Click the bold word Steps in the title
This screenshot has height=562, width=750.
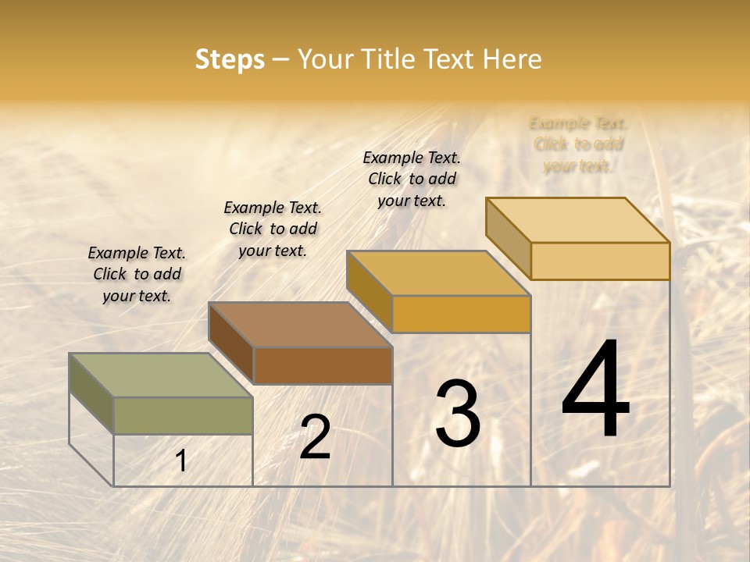tap(230, 59)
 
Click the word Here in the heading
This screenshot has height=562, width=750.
tap(512, 59)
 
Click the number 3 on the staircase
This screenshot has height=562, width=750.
tap(458, 414)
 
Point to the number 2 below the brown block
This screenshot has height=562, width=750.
tap(315, 437)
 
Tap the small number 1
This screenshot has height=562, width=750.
tap(181, 461)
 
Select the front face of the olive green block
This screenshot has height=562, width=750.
tap(183, 415)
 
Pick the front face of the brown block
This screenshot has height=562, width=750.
tap(322, 365)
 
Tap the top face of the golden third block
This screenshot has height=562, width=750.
tap(438, 273)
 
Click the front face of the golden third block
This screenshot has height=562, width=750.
tap(461, 314)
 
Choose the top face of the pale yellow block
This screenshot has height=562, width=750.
tap(578, 220)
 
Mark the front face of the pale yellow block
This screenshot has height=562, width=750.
tap(600, 261)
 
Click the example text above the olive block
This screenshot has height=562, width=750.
tap(137, 274)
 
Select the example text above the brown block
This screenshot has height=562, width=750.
tap(273, 229)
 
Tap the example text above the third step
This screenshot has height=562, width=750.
tap(412, 179)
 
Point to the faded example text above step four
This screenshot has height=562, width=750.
tap(578, 144)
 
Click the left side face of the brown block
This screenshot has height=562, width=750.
tap(231, 343)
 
